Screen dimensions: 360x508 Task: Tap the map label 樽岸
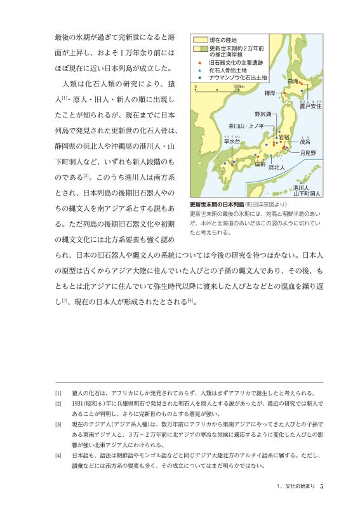tap(269, 93)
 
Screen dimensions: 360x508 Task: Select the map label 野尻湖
tap(263, 114)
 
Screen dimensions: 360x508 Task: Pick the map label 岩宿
tap(284, 137)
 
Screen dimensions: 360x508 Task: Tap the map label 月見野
tap(308, 153)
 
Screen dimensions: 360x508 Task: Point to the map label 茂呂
tap(305, 142)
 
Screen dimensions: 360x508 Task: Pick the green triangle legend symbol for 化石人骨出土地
tap(199, 69)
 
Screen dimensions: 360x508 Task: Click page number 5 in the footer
tap(322, 486)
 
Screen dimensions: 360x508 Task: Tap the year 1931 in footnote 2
tap(79, 403)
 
